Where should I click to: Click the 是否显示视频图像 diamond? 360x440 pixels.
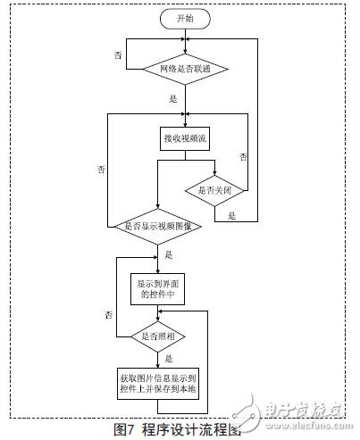click(x=157, y=225)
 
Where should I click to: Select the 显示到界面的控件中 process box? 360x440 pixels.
click(x=157, y=286)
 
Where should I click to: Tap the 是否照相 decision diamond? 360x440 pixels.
click(x=157, y=336)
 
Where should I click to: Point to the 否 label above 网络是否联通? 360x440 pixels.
click(x=117, y=55)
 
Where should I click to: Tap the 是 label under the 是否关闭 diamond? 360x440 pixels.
click(x=232, y=215)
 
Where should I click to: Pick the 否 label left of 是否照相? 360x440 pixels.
click(x=108, y=316)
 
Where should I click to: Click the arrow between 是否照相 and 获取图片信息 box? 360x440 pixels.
click(x=157, y=357)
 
